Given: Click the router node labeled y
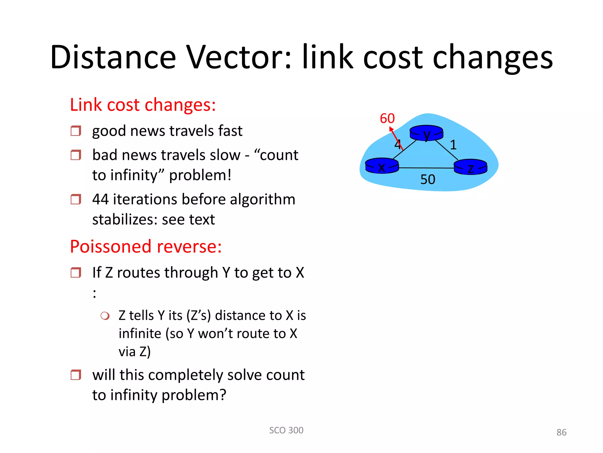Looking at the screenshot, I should tap(426, 133).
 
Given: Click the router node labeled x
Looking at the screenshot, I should tap(382, 166).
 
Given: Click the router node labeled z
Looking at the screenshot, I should tap(470, 167).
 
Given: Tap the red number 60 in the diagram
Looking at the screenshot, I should tap(387, 119).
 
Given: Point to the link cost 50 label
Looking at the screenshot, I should tap(428, 179).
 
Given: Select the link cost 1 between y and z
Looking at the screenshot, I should tap(453, 145).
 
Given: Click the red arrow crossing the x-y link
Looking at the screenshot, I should tap(396, 138).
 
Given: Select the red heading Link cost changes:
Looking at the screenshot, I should tap(143, 105).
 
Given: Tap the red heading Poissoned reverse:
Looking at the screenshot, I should tap(145, 247).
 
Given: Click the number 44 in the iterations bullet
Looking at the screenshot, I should tap(100, 199).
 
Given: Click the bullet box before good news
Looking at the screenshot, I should tap(76, 131).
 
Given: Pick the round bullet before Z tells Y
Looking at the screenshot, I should tap(105, 316).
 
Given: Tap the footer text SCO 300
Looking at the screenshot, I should tap(286, 430).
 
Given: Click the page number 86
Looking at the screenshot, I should tap(561, 432).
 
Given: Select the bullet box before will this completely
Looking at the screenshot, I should tap(76, 375).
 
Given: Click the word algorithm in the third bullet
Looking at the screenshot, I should tap(262, 199).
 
